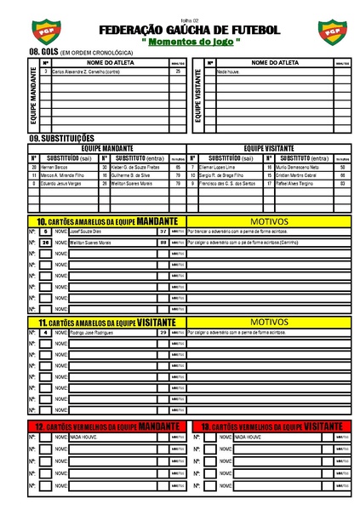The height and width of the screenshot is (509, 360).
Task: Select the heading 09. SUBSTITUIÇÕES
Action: pos(61,138)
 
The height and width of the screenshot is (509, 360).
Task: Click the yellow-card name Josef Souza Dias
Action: pos(84,231)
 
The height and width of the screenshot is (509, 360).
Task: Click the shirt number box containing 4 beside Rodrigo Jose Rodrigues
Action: pos(44,332)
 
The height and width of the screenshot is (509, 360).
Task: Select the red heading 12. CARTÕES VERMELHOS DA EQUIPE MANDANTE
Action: pos(107,425)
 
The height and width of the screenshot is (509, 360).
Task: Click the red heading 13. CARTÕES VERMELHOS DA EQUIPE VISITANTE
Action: pos(272,425)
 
